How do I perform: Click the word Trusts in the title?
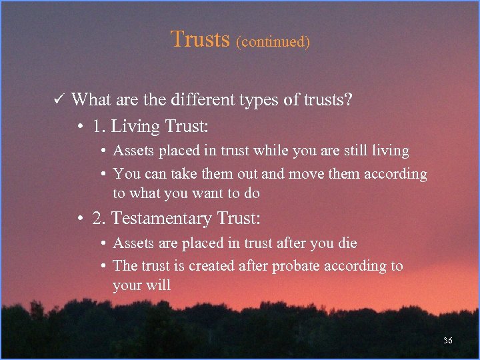(x=200, y=39)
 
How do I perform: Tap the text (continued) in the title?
(x=273, y=41)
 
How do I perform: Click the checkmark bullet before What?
(x=58, y=100)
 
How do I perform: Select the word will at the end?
(x=159, y=285)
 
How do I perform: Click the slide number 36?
(x=447, y=341)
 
